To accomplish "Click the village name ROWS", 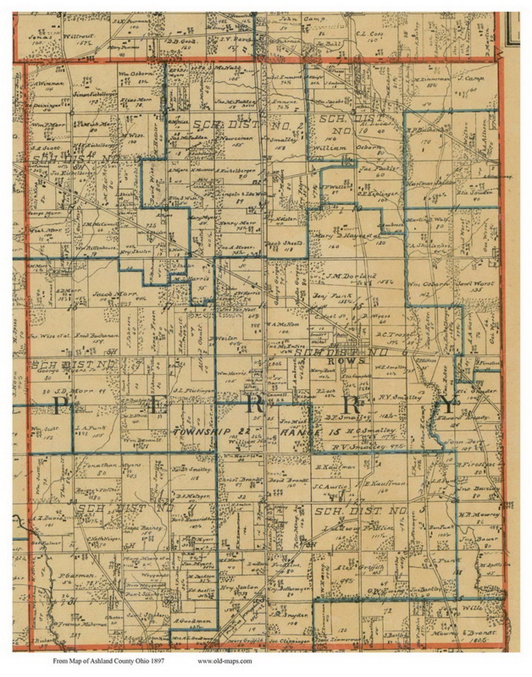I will click(355, 360).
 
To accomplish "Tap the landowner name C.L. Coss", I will click(369, 34).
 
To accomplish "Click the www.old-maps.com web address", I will click(225, 661).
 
